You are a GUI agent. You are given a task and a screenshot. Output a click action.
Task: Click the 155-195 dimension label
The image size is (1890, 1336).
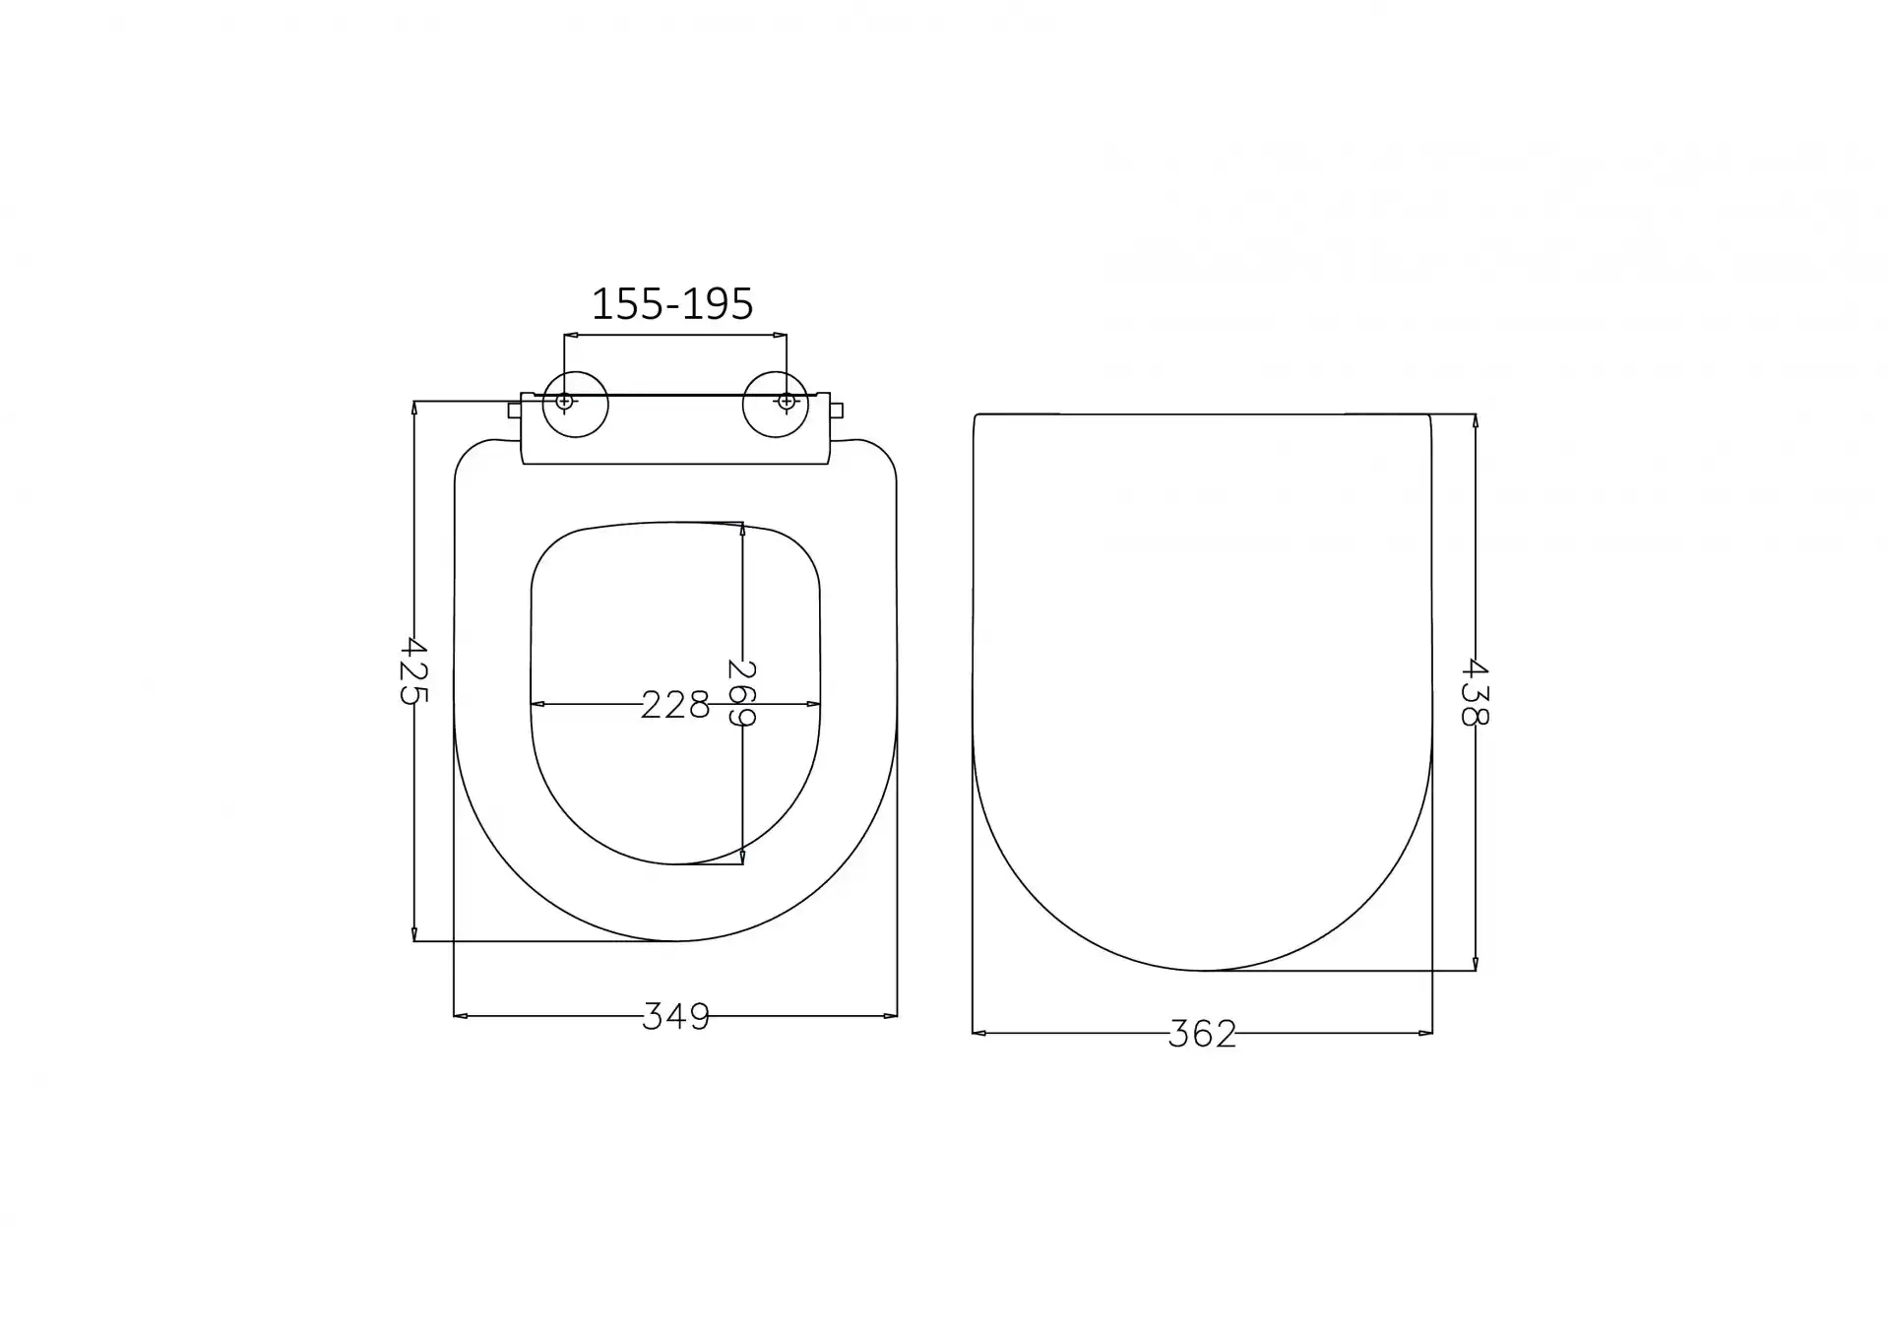point(672,304)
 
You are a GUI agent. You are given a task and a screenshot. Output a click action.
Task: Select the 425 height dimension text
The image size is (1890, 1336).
point(413,670)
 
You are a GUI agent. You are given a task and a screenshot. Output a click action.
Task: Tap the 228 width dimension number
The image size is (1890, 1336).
point(675,705)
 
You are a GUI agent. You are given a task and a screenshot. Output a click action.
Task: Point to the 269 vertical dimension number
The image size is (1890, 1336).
point(741,693)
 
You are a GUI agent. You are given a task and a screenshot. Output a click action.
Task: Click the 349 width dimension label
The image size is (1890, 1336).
point(675,1016)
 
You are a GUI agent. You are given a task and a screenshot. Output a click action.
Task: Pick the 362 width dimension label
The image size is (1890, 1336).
point(1202,1034)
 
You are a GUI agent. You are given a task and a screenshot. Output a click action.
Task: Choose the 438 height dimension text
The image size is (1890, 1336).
point(1474,692)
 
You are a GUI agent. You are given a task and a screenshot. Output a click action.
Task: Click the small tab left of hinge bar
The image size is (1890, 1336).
point(514,410)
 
